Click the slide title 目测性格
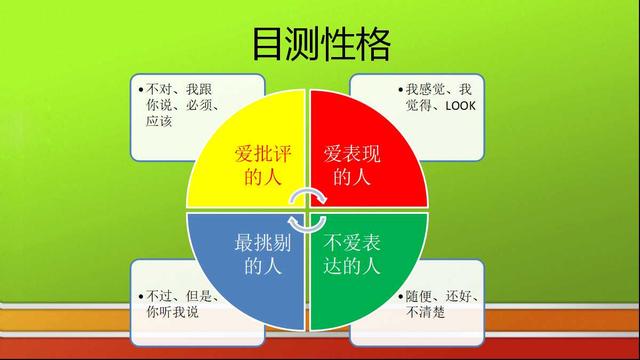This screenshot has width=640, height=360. (320, 45)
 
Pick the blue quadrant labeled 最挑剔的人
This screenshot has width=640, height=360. (258, 255)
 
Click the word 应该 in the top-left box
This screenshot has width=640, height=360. (159, 121)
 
